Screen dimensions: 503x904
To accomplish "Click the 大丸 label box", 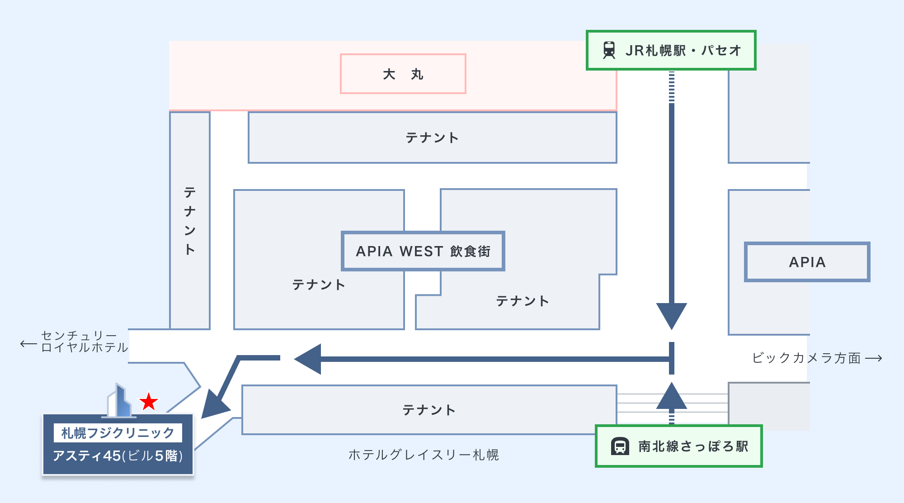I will click(403, 74).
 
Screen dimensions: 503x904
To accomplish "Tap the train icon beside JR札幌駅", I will click(609, 50).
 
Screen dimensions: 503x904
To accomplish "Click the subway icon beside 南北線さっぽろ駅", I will click(620, 446).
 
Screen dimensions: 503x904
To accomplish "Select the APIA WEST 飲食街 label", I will click(423, 251).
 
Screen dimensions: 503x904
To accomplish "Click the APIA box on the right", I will click(807, 262).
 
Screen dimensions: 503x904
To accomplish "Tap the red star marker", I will click(148, 402).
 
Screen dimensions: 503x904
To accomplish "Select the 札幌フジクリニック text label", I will click(118, 433).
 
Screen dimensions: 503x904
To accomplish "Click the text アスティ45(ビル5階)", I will click(118, 456).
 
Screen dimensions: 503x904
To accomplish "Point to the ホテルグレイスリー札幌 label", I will click(424, 455).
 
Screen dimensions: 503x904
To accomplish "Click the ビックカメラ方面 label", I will click(806, 358).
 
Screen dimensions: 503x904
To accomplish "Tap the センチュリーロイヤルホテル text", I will click(84, 342).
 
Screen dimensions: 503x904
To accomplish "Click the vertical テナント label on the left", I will click(190, 221).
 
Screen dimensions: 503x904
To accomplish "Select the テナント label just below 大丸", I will click(432, 138).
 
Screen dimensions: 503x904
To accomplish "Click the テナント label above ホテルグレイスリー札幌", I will click(429, 410).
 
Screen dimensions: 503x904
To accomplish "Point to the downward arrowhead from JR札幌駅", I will click(672, 315).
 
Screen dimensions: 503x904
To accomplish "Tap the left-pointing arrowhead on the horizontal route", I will click(309, 359).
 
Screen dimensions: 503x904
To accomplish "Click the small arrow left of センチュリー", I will click(28, 344).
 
